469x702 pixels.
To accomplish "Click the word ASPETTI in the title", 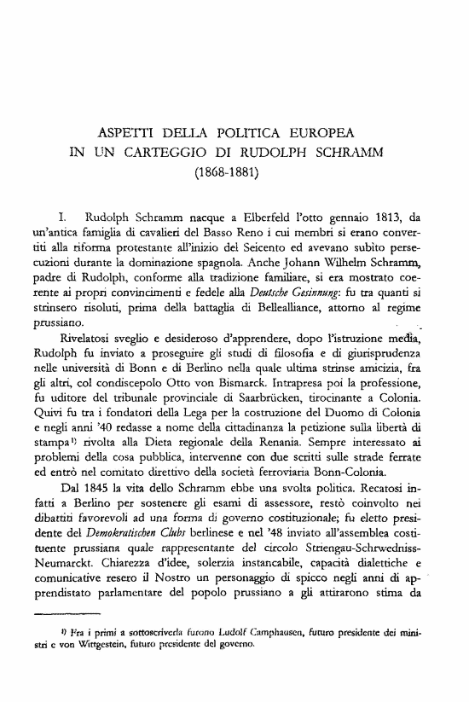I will point(128,135).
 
